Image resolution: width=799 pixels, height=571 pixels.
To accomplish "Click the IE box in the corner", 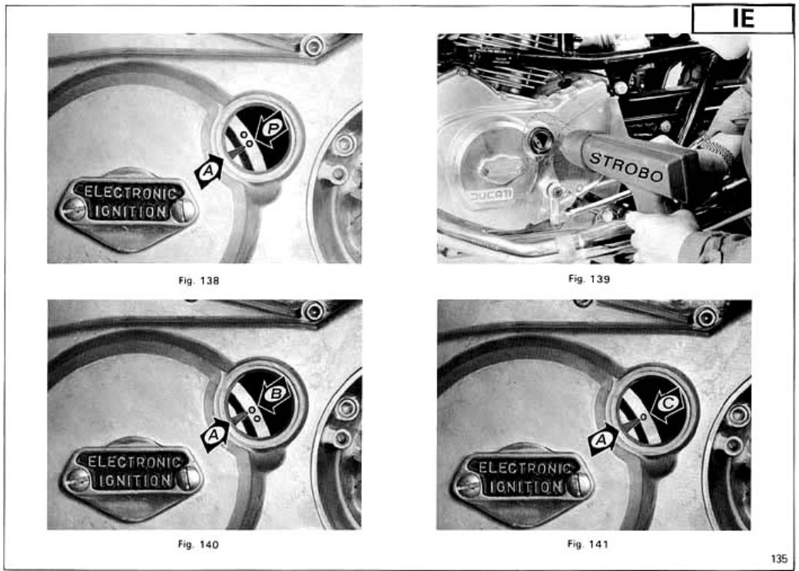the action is (742, 19).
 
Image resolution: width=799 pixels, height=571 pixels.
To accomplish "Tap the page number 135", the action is (779, 559).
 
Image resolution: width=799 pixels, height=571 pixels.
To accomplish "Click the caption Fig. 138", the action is (199, 281).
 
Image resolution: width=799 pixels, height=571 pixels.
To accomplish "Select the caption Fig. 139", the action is (589, 279).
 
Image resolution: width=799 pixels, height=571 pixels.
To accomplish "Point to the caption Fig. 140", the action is (198, 545).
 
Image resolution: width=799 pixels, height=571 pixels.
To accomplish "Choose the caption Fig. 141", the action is (588, 544).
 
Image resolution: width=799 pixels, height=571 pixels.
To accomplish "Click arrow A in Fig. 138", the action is (208, 171).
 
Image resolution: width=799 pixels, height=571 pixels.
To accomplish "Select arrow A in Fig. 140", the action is (215, 435).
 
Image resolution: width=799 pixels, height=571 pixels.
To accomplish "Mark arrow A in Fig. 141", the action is (603, 440).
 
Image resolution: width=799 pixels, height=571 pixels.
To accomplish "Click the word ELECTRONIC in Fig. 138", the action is (131, 193).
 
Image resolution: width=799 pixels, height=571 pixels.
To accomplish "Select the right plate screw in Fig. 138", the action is (184, 211).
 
